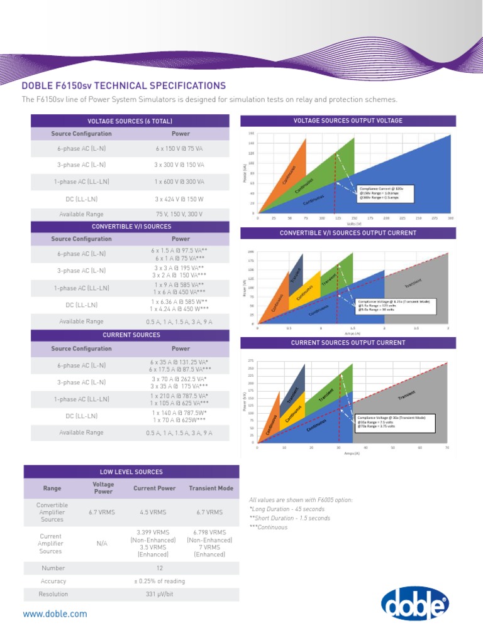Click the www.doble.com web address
pyautogui.click(x=55, y=614)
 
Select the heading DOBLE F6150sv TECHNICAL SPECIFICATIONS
pyautogui.click(x=123, y=85)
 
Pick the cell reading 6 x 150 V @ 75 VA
pyautogui.click(x=180, y=149)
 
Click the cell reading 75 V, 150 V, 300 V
pyautogui.click(x=180, y=214)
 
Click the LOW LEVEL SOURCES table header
pyautogui.click(x=131, y=472)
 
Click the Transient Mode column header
pyautogui.click(x=211, y=488)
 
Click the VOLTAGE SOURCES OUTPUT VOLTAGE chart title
pyautogui.click(x=348, y=121)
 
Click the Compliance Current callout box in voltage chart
pyautogui.click(x=386, y=193)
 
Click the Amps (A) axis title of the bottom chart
pyautogui.click(x=352, y=453)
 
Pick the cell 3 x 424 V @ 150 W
pyautogui.click(x=180, y=199)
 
